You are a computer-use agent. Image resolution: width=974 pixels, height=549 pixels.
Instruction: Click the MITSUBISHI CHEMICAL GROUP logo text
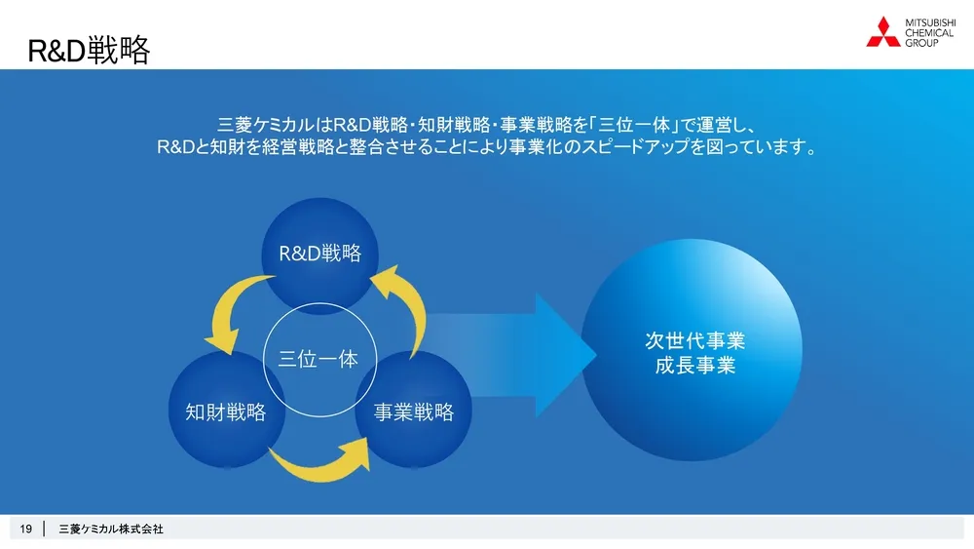click(x=930, y=32)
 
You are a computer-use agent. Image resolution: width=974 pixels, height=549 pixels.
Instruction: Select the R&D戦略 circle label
click(x=320, y=254)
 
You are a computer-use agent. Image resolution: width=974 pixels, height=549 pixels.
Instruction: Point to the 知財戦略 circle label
click(x=226, y=412)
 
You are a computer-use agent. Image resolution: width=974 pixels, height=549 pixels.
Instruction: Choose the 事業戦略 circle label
click(x=414, y=412)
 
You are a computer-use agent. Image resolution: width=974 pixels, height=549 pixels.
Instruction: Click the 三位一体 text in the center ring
click(x=318, y=359)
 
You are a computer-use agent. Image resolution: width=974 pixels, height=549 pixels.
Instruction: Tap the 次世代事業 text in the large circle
click(x=695, y=341)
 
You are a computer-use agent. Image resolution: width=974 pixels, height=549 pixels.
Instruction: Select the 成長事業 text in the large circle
click(x=695, y=367)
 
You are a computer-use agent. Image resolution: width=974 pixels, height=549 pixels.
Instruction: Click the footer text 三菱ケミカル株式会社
click(x=111, y=529)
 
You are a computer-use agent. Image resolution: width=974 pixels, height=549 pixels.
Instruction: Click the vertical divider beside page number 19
click(x=44, y=529)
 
